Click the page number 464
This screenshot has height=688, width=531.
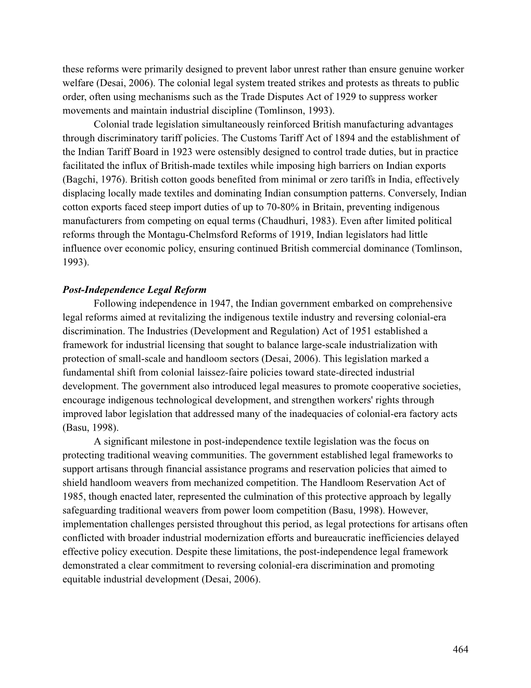coord(460,649)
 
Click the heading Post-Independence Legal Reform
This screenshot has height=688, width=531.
coord(134,290)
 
